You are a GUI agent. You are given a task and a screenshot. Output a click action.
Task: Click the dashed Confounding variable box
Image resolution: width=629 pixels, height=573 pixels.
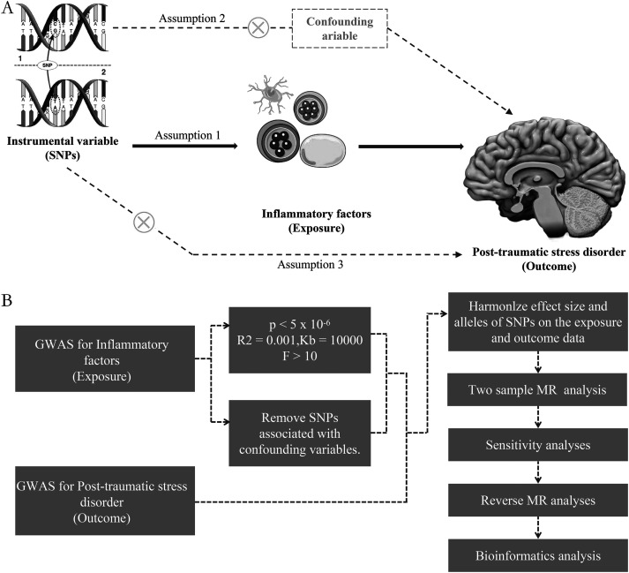click(x=340, y=28)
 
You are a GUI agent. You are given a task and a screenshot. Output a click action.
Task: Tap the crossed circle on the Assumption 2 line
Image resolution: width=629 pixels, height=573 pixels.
click(x=258, y=28)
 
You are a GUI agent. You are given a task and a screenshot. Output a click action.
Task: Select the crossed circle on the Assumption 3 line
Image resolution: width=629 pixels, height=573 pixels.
click(x=144, y=222)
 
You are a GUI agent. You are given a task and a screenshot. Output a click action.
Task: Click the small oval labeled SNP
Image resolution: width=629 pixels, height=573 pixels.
click(x=48, y=64)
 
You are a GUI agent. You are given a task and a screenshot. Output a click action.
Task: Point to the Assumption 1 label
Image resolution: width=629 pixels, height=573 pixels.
click(x=188, y=135)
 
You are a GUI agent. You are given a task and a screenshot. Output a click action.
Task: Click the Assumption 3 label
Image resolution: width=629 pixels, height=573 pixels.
click(x=311, y=265)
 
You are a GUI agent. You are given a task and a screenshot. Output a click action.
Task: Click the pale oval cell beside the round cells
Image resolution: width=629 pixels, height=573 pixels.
click(x=323, y=150)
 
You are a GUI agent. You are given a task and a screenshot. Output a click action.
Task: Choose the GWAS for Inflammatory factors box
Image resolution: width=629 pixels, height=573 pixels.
click(x=105, y=358)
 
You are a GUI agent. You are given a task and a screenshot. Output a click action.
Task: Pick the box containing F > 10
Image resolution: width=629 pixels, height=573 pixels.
click(x=300, y=340)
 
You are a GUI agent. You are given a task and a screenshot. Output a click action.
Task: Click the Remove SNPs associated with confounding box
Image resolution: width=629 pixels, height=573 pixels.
click(x=300, y=434)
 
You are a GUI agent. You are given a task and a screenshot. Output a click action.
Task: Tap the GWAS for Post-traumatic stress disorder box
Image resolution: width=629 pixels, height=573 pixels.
click(x=105, y=501)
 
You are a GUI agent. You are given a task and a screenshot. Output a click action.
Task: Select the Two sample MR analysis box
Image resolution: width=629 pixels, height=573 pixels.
click(x=537, y=389)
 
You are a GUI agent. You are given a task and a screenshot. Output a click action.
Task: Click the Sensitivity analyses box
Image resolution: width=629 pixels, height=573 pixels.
click(x=537, y=445)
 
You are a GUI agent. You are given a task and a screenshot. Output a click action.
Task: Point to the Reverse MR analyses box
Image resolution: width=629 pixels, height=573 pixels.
click(x=537, y=501)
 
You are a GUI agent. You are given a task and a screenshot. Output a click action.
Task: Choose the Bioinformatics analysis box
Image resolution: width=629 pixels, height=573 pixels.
click(x=537, y=555)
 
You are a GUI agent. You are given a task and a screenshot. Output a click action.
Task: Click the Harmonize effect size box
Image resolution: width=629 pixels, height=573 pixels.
click(x=537, y=321)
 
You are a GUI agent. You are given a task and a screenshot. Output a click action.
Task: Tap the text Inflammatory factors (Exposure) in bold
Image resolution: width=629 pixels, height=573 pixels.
click(x=317, y=221)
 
